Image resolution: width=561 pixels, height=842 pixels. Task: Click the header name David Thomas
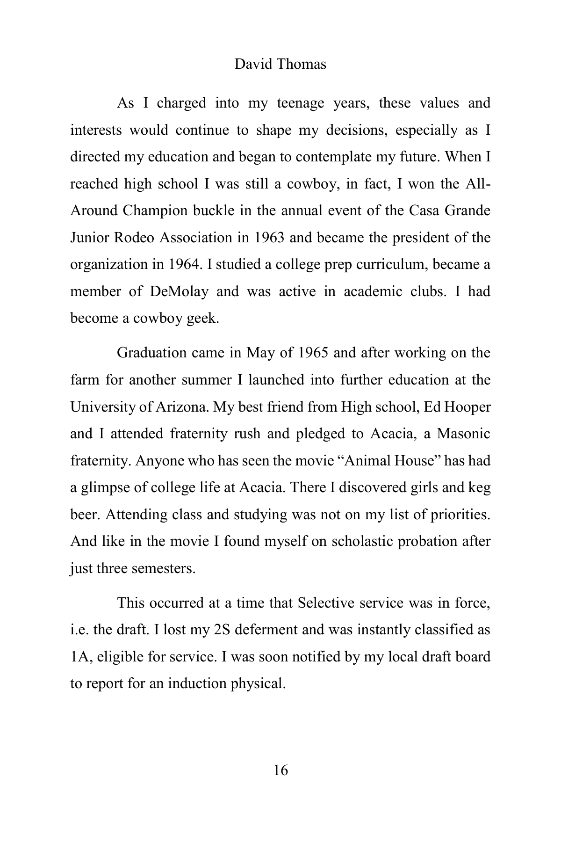coord(280,64)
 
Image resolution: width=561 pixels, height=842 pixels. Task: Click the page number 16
coord(280,770)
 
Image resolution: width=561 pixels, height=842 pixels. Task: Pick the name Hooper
coord(468,406)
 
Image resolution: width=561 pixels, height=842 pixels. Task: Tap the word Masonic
coord(463,434)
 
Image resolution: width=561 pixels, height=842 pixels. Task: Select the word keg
coord(479,487)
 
